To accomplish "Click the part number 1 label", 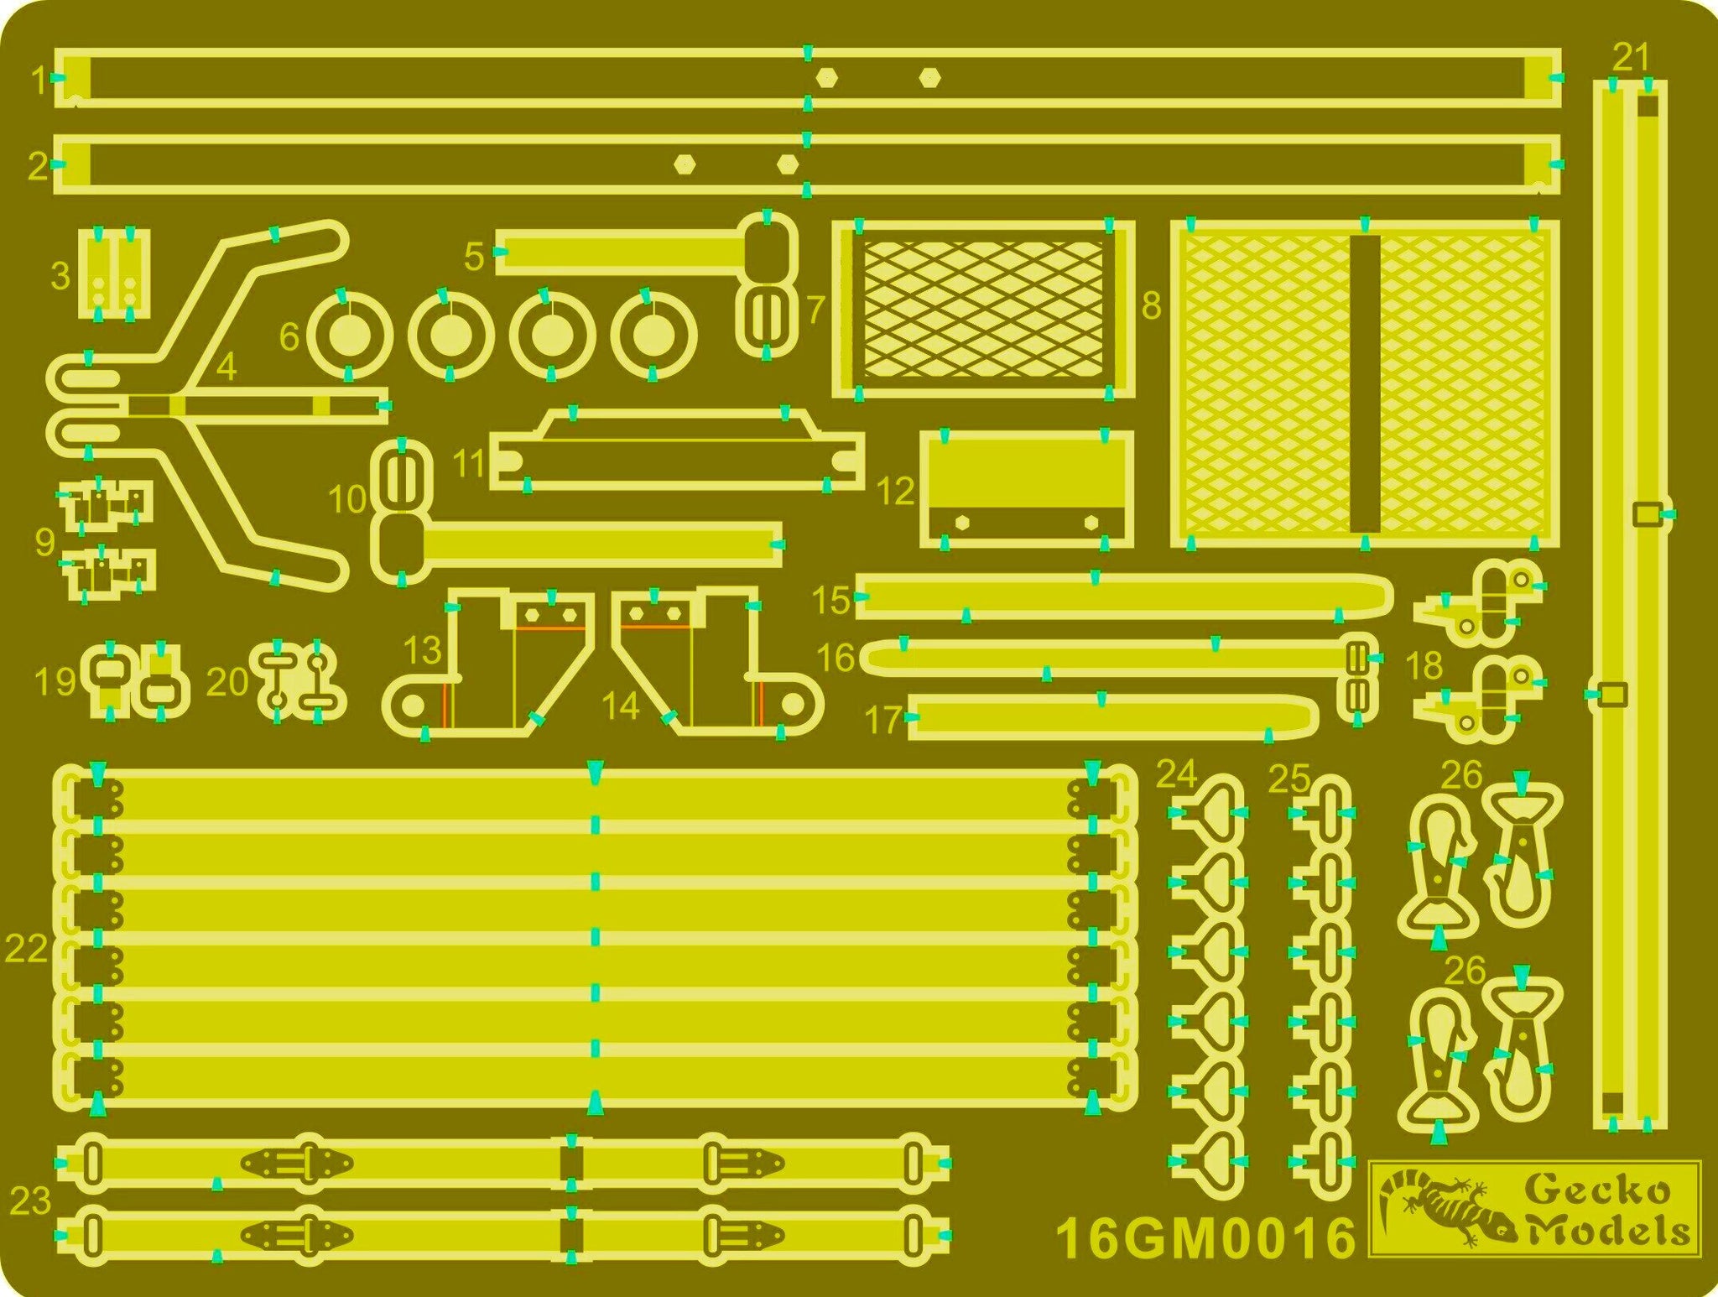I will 39,81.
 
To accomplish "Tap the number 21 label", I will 1632,58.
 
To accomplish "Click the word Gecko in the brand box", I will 1596,1190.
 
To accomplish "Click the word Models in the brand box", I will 1606,1231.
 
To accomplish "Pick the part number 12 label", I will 894,490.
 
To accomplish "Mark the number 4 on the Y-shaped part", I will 226,367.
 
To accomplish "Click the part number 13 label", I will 422,650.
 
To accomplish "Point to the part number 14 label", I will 621,706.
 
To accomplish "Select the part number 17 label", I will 883,720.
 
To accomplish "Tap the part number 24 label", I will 1176,774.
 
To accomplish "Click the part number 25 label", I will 1289,779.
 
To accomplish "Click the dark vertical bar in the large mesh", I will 1365,384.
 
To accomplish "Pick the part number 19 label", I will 55,681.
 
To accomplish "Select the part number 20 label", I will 226,681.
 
